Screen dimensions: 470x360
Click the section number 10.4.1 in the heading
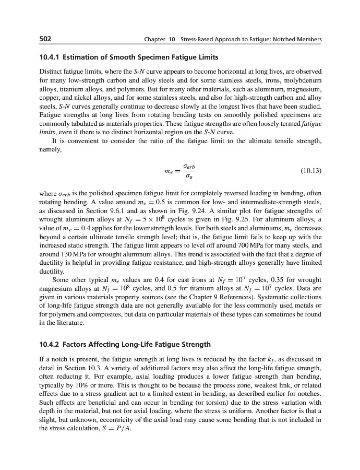pyautogui.click(x=50, y=57)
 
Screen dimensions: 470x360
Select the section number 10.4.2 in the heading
pyautogui.click(x=50, y=344)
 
